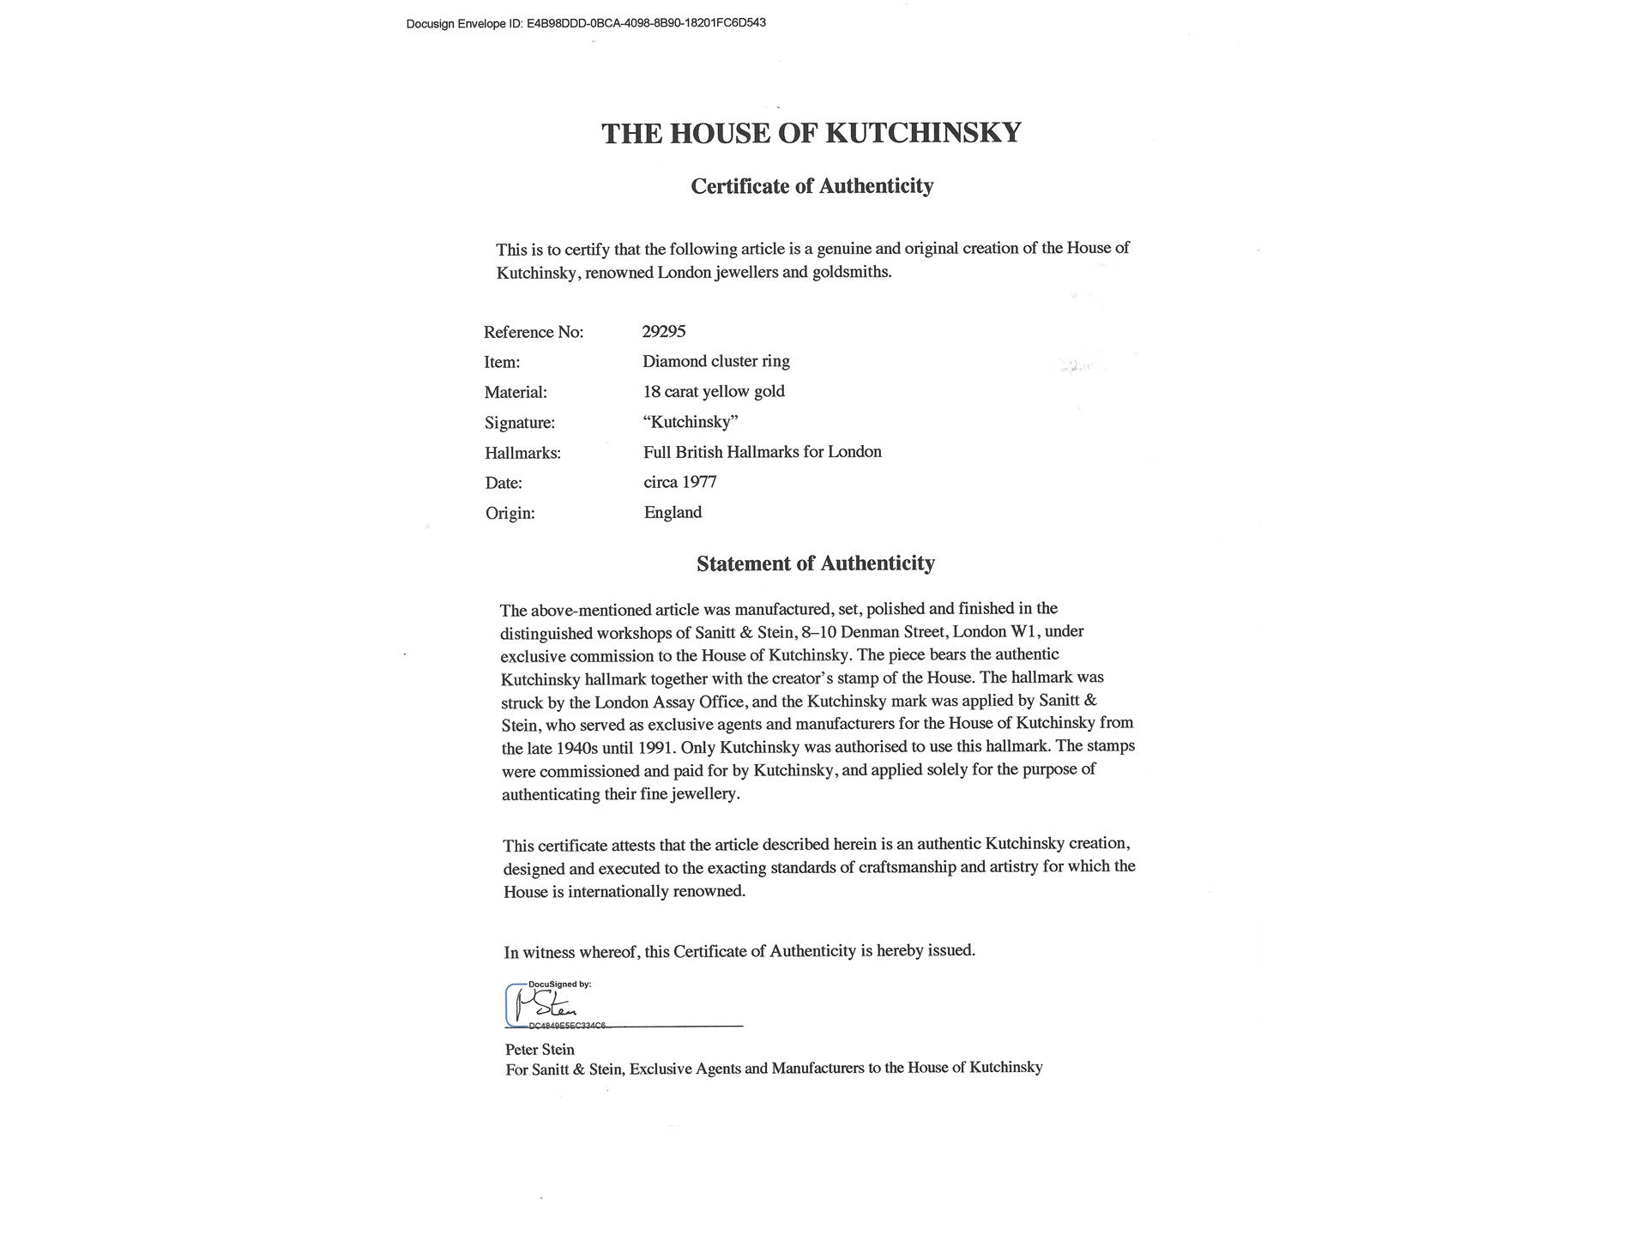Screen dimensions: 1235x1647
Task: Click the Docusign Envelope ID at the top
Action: point(586,23)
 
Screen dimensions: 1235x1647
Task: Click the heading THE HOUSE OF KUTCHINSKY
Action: point(811,133)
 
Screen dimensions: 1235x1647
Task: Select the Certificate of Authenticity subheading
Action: point(811,186)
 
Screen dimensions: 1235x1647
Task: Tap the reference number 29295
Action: point(664,331)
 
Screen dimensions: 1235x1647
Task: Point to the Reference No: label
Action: point(534,332)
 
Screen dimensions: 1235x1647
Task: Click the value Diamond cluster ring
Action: point(716,361)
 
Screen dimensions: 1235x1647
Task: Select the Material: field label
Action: point(516,392)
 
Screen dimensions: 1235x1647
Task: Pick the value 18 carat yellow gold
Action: point(714,391)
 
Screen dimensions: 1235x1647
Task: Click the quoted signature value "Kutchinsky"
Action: point(691,422)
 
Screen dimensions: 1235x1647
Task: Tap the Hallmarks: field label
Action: point(522,453)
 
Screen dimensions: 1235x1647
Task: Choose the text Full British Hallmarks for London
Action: point(763,452)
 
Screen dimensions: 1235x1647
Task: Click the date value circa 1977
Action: point(680,482)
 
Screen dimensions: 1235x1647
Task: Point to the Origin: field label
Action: point(510,513)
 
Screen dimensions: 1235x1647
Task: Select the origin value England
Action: point(673,512)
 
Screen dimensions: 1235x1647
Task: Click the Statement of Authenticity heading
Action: point(815,563)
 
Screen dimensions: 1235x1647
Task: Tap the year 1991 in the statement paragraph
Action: point(654,747)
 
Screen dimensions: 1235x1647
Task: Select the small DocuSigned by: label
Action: point(559,985)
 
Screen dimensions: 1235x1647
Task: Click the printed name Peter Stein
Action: point(540,1049)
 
